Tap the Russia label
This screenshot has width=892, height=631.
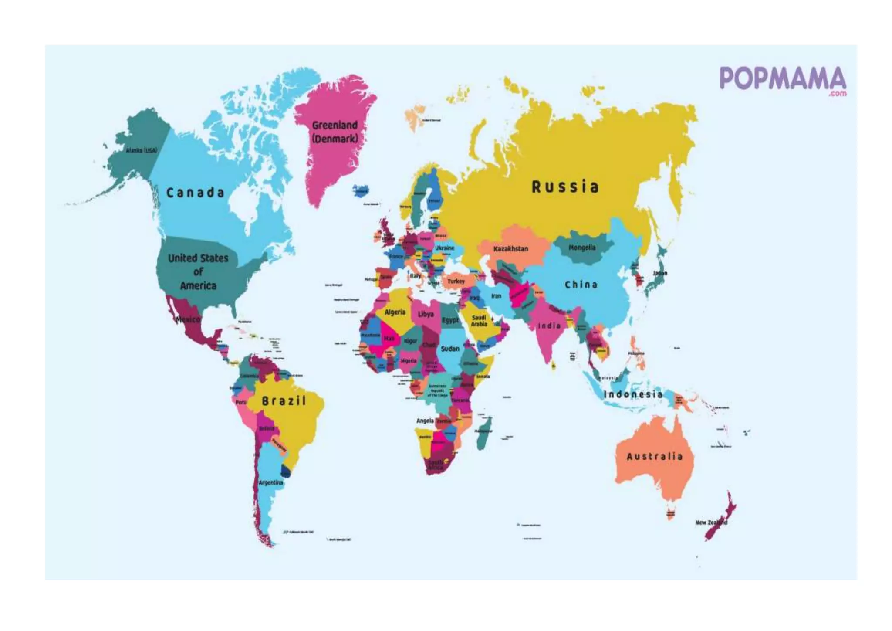[565, 187]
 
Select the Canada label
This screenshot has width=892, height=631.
[195, 193]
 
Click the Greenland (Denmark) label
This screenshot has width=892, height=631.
[334, 132]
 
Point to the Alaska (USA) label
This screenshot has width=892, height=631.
[141, 150]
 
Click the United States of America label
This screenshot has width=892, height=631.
[198, 272]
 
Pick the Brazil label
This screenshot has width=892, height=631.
[284, 401]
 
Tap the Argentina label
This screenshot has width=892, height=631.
[271, 482]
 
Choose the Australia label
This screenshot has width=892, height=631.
[654, 457]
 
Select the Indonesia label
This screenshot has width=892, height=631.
[633, 394]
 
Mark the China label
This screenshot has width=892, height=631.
[581, 285]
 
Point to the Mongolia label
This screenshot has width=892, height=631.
[582, 248]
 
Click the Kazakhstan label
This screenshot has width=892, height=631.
[510, 249]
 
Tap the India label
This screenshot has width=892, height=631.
[549, 326]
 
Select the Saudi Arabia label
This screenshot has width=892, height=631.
[479, 321]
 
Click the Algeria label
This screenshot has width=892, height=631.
[395, 312]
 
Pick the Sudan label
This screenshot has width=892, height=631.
[450, 349]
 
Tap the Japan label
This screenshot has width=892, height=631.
[660, 273]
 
